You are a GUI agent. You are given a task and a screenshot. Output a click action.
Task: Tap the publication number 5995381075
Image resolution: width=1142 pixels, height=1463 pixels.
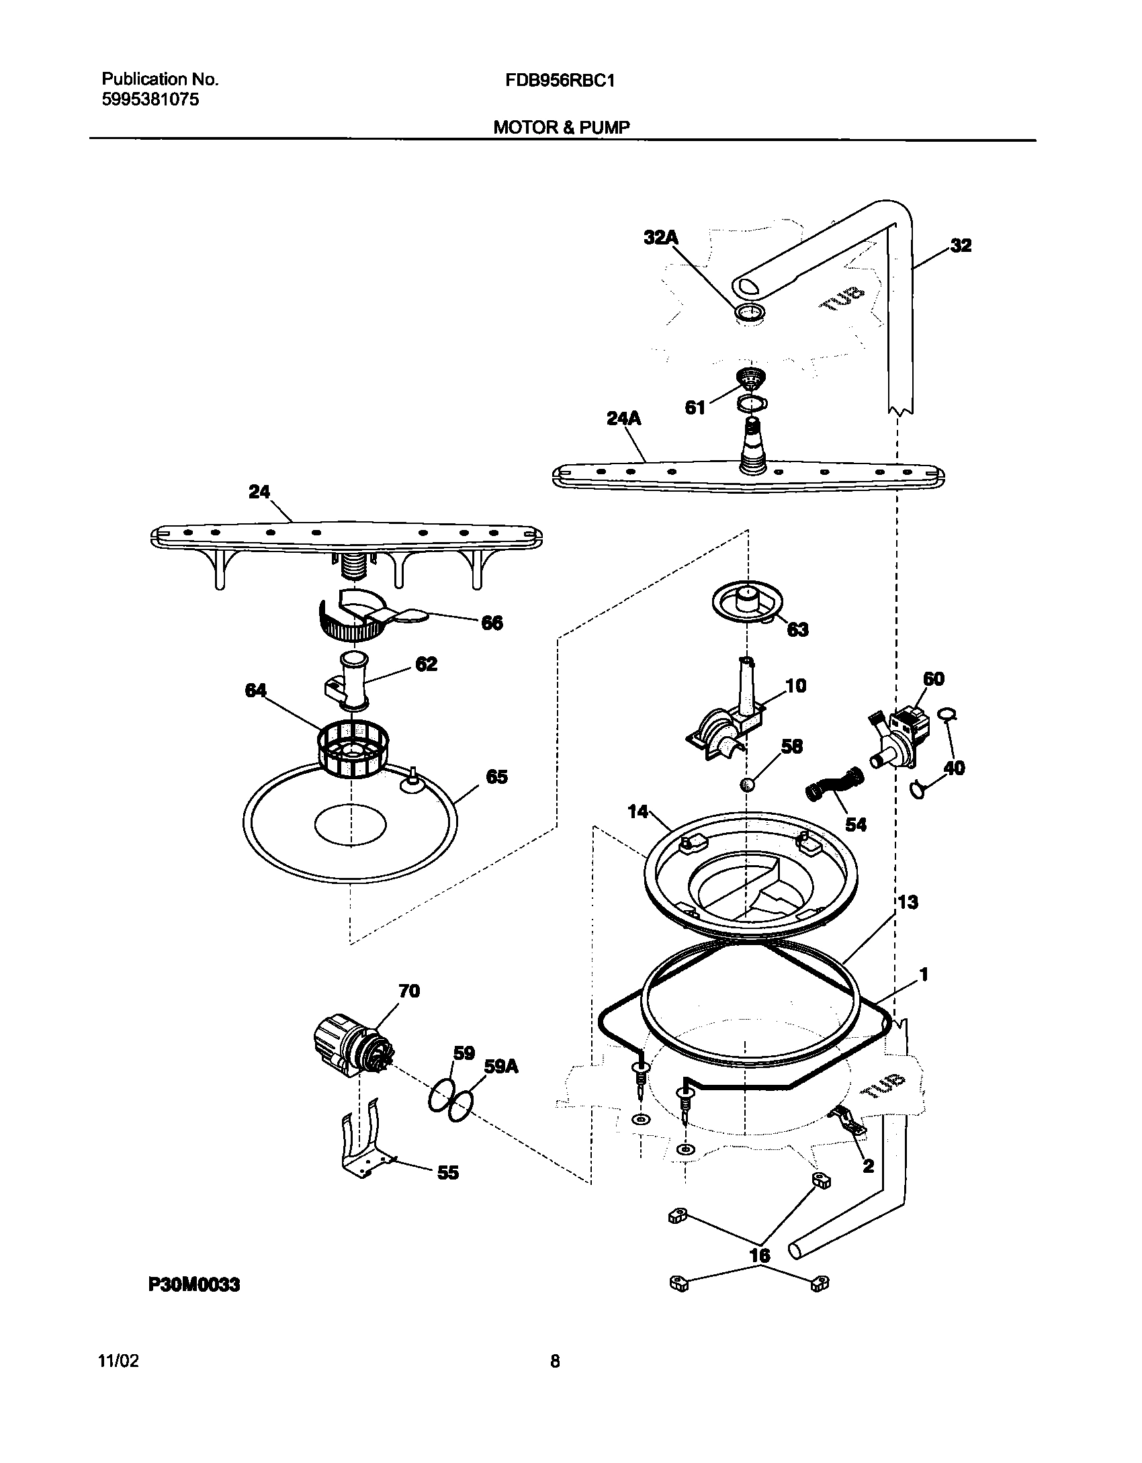(150, 100)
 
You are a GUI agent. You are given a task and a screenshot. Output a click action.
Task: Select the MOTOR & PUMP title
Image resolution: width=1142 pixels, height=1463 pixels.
(562, 128)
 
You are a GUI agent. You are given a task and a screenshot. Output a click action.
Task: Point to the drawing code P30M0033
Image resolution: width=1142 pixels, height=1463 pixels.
(193, 1286)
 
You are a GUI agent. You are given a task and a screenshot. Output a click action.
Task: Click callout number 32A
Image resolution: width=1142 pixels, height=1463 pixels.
(661, 237)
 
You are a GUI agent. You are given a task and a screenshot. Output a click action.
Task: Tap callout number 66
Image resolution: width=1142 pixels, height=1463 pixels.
(492, 623)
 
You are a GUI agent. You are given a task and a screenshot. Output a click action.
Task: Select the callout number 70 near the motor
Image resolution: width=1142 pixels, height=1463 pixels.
(409, 991)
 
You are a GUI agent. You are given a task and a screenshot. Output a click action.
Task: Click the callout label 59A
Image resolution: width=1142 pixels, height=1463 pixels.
(500, 1067)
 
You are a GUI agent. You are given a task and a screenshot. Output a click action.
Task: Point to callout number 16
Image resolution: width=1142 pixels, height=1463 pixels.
(760, 1255)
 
